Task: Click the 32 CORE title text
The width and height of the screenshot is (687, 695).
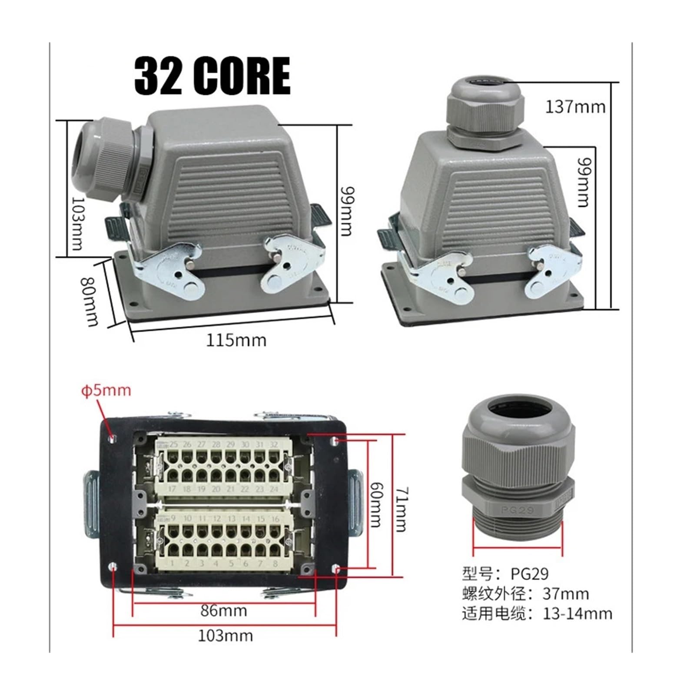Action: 212,76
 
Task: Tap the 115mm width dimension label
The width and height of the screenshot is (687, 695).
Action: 236,340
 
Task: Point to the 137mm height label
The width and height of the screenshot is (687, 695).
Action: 575,107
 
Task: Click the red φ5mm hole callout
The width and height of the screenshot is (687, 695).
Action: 106,390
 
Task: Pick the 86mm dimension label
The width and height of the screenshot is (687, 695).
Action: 224,611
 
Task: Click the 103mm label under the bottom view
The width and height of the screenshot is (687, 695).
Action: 225,636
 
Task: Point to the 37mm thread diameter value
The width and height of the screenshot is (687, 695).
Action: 566,593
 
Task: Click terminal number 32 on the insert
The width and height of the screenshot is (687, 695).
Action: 273,444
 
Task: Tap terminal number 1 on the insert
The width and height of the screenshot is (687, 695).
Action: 173,563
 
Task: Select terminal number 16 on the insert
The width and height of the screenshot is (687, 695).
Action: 275,519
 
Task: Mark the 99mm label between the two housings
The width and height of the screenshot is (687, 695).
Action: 346,211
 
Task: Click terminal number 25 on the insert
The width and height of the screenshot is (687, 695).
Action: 173,444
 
